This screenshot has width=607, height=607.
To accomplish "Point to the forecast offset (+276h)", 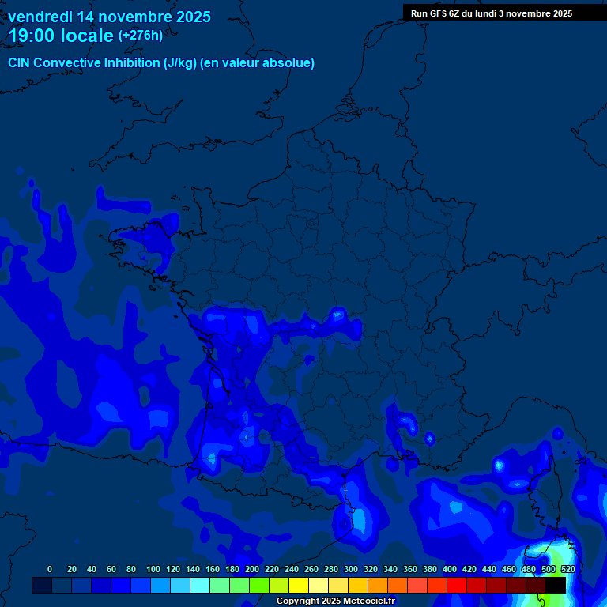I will (x=140, y=36).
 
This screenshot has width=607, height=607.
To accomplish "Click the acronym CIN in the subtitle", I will (x=19, y=63).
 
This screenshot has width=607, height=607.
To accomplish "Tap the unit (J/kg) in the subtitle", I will (x=180, y=63).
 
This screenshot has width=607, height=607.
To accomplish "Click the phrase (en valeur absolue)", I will (x=258, y=63).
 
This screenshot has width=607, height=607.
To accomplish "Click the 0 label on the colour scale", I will (x=50, y=569).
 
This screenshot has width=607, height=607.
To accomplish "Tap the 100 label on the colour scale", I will (x=153, y=569).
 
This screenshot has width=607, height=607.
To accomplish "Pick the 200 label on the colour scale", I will (x=252, y=569).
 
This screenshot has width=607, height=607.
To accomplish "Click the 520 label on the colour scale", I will (x=567, y=569).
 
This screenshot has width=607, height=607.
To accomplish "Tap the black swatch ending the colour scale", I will (x=556, y=585).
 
